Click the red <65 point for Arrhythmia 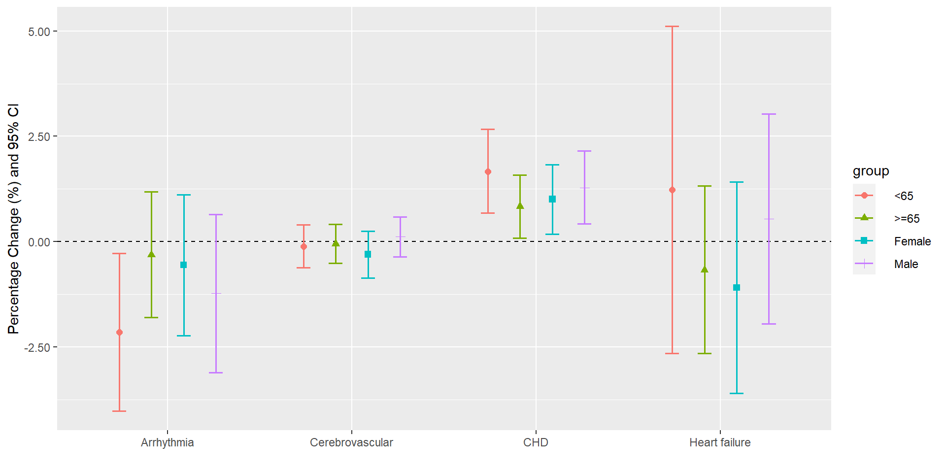119,333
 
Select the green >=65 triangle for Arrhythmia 151,254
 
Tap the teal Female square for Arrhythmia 184,265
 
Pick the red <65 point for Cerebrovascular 304,246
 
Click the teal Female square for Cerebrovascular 368,254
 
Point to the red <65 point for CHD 488,172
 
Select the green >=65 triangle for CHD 520,206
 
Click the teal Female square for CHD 552,199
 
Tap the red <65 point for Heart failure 672,190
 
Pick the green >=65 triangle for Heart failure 705,270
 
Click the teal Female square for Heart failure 737,287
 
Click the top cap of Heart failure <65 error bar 672,26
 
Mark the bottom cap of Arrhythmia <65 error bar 119,411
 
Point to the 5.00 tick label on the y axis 39,32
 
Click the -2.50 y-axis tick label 37,347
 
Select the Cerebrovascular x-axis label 351,442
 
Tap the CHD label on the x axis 536,442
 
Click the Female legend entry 912,241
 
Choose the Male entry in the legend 906,264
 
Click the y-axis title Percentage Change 14,219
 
